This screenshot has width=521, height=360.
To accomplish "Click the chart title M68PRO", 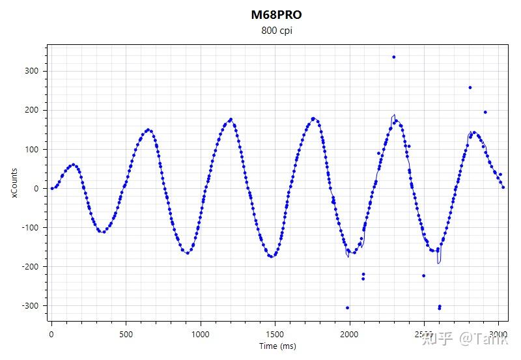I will click(276, 15).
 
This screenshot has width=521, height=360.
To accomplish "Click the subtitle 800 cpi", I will click(276, 31).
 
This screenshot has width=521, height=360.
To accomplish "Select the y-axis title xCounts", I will click(15, 183).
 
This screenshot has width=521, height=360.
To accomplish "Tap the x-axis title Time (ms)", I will click(277, 346).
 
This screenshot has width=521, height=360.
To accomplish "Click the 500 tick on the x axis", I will click(126, 334).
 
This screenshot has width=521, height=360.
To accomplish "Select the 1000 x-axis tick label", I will click(201, 334).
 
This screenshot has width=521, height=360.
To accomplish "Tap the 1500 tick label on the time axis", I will click(275, 334).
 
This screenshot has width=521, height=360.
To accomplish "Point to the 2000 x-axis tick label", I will click(350, 334).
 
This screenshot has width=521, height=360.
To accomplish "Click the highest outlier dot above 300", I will click(394, 57).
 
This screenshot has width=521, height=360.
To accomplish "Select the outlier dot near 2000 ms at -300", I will click(348, 307).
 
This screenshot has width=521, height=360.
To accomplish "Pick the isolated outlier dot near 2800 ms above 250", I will click(470, 87).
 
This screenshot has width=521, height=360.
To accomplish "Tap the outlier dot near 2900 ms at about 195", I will click(485, 112).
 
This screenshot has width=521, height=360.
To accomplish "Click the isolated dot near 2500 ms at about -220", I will click(424, 275).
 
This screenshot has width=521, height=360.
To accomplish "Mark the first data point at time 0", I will click(52, 188).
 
